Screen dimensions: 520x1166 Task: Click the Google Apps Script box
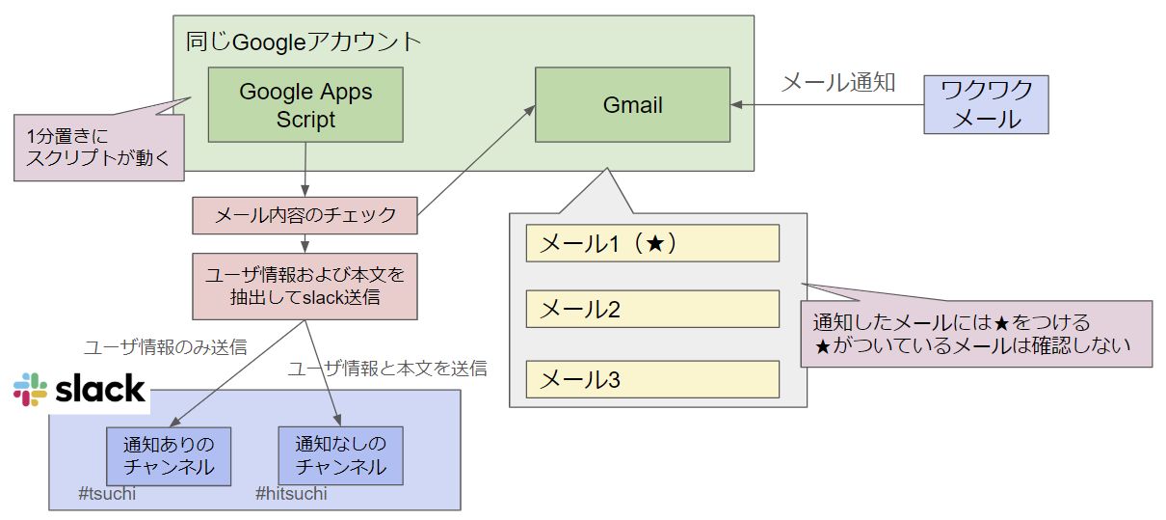pos(305,105)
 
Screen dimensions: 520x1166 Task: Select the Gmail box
pos(632,105)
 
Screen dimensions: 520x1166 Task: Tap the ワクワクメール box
pos(986,104)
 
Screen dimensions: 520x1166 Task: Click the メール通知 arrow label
pos(837,82)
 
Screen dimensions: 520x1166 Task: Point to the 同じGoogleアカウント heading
pos(304,41)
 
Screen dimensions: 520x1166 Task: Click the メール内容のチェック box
pos(305,215)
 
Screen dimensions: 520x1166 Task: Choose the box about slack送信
pos(305,287)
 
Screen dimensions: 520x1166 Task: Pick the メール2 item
pos(651,311)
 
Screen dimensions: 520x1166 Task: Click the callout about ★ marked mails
pos(975,334)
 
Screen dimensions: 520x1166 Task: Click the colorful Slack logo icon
pos(31,389)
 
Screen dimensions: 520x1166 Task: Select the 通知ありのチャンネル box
pos(169,456)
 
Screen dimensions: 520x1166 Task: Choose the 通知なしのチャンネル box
pos(340,456)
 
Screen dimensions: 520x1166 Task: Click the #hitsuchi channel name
pos(291,495)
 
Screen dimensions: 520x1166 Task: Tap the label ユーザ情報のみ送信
pos(165,348)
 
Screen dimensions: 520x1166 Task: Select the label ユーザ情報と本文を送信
pos(387,369)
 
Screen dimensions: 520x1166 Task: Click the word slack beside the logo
pos(100,389)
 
